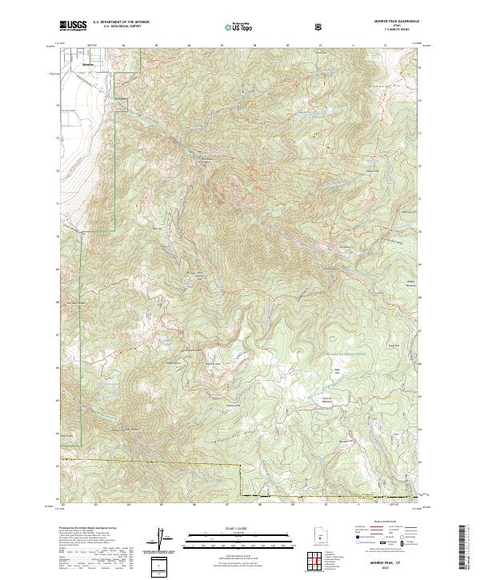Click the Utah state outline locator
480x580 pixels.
coord(318,535)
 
